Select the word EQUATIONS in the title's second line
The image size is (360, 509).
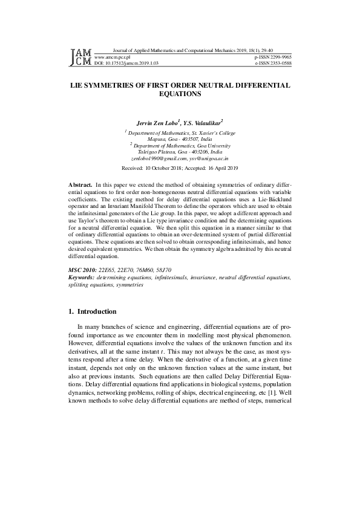(180, 94)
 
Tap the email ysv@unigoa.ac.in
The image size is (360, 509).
(208, 158)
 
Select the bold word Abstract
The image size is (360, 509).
(80, 183)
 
